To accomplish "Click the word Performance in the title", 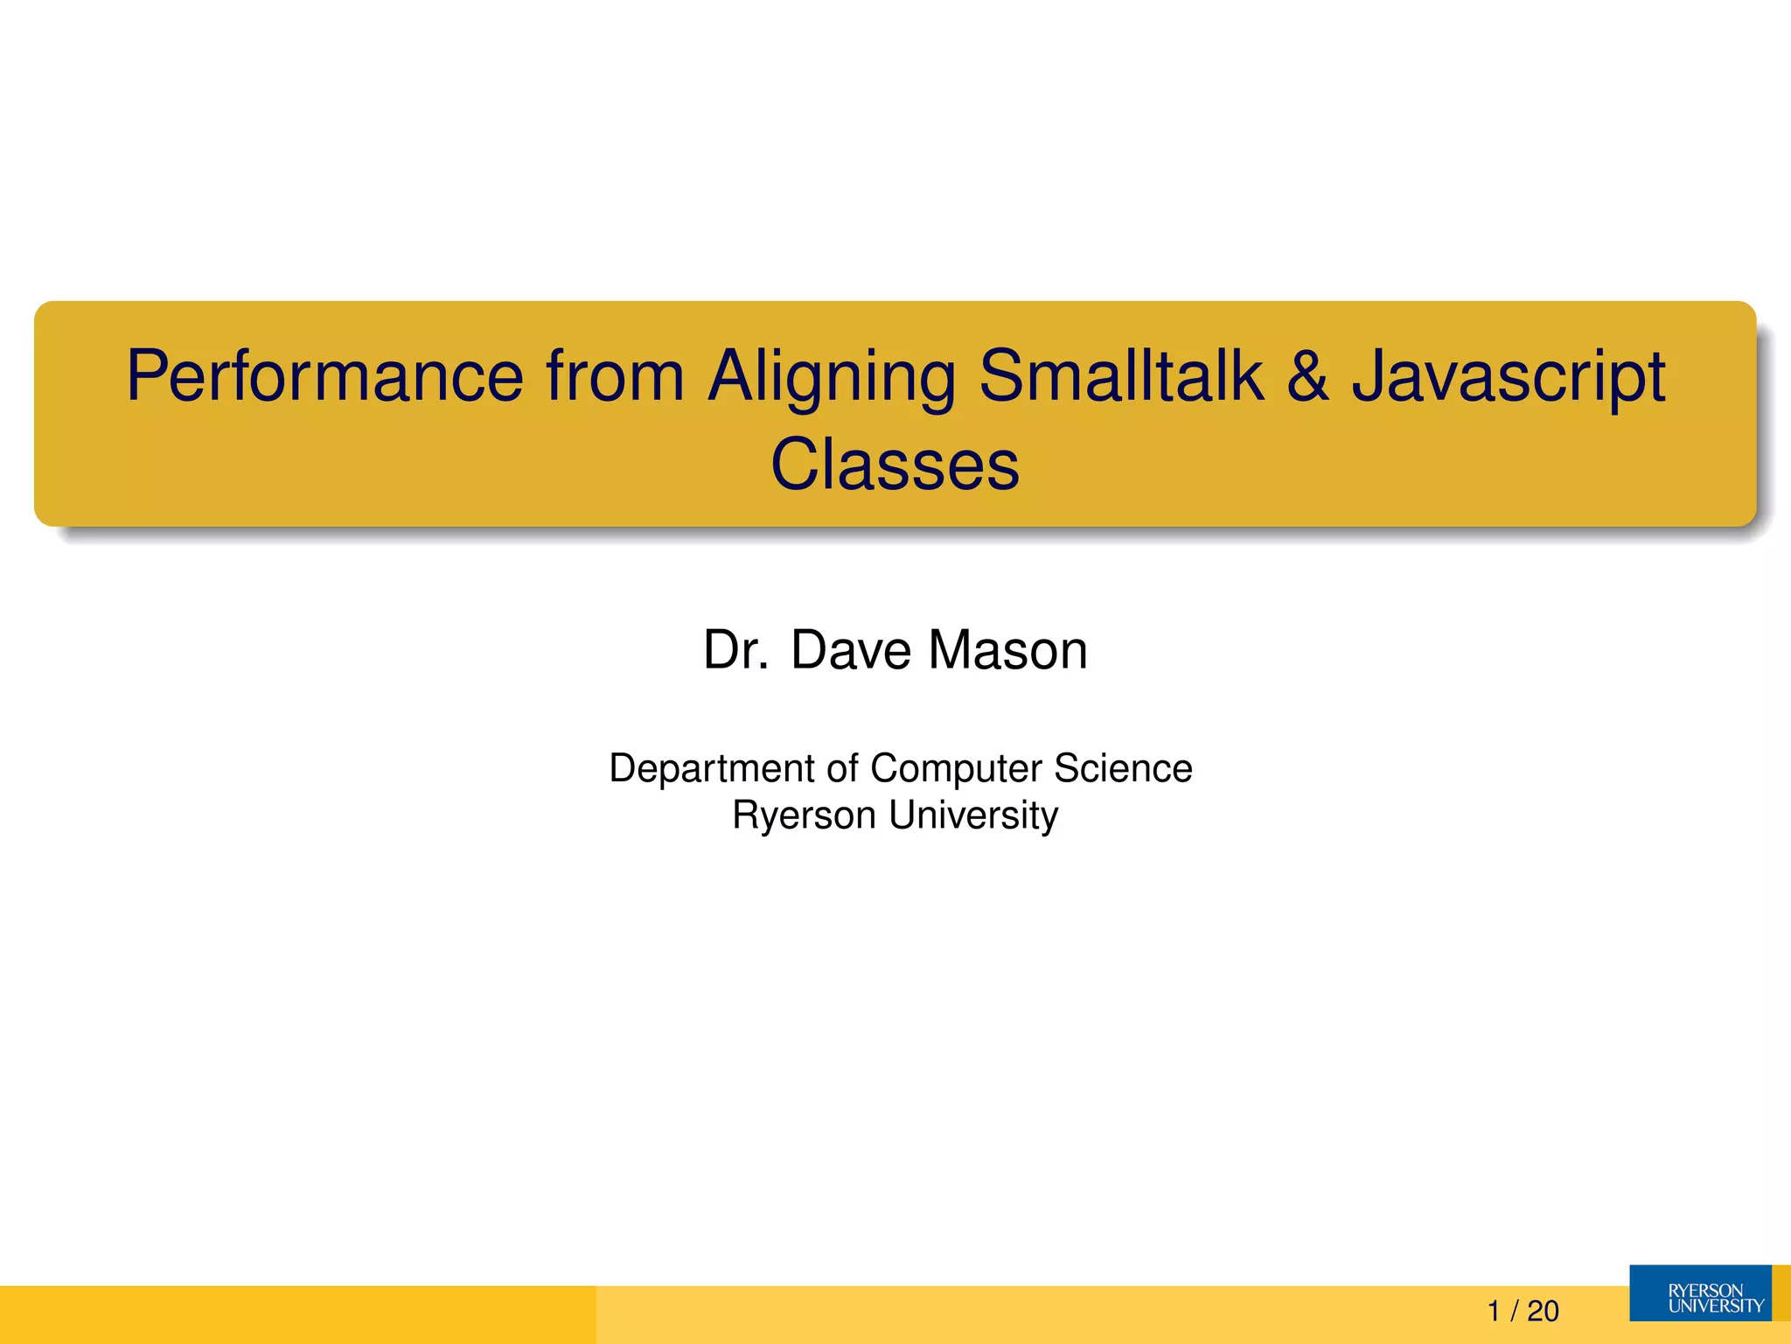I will [x=324, y=376].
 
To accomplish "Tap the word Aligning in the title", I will [x=831, y=378].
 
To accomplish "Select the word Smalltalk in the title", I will [x=1121, y=376].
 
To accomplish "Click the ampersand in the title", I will [x=1308, y=376].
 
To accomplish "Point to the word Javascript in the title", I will [x=1509, y=378].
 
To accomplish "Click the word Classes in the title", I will [x=895, y=464].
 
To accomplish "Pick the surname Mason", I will [x=1007, y=650].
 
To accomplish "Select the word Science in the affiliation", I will [x=1123, y=768].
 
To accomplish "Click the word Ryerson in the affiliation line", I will [x=804, y=815].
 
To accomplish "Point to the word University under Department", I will [x=973, y=815].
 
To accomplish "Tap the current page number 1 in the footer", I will [x=1494, y=1311].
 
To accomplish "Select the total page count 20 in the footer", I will [x=1544, y=1311].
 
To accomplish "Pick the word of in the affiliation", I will [x=843, y=768].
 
